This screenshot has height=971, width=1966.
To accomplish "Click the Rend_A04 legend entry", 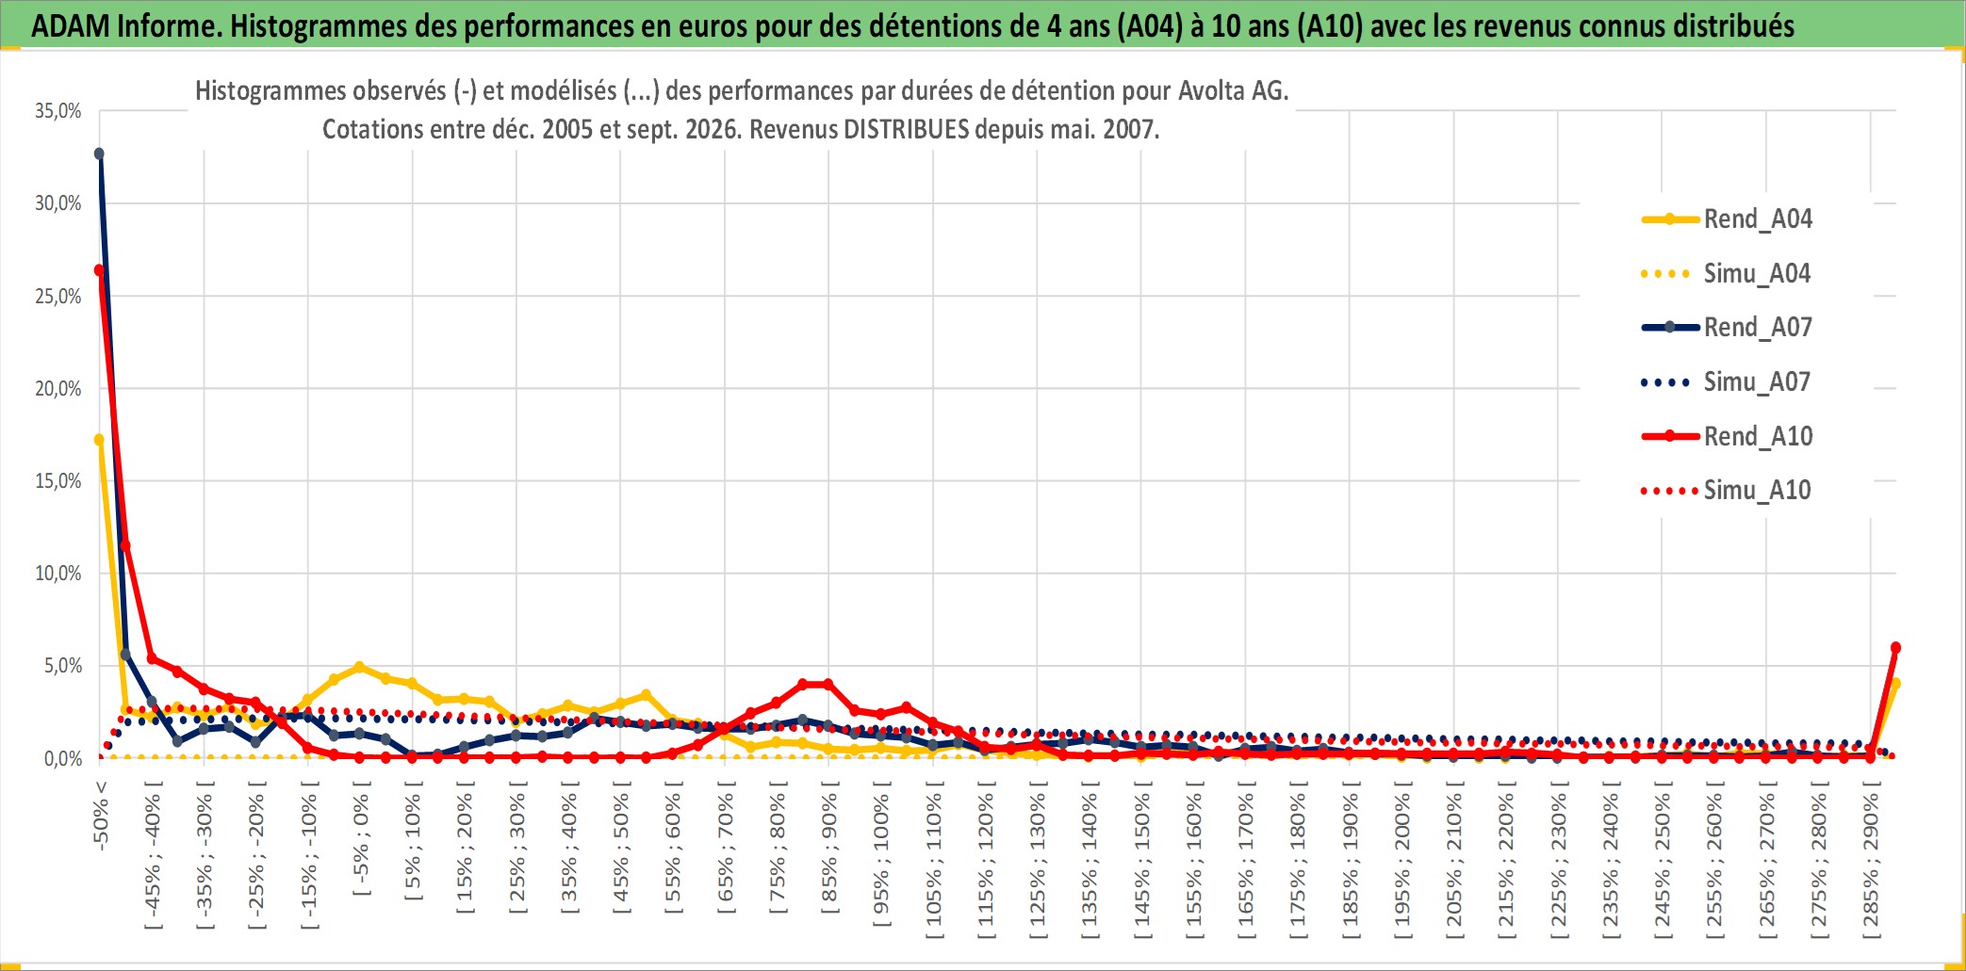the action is tap(1727, 219).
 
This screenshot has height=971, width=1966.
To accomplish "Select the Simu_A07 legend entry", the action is tap(1727, 381).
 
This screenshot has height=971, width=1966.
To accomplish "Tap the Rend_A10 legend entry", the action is tap(1727, 436).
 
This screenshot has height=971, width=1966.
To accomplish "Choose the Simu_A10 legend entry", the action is tap(1727, 490).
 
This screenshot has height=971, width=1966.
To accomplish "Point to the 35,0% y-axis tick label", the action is tap(58, 111).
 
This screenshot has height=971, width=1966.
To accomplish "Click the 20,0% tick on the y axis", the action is tap(58, 388).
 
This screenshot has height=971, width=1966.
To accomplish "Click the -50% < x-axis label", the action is tap(101, 816).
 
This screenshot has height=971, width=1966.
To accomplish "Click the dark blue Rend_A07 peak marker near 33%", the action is tap(99, 154).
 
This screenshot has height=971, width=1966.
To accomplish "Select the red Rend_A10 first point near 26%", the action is tap(99, 270).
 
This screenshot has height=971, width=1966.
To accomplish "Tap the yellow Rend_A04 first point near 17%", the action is tap(99, 440).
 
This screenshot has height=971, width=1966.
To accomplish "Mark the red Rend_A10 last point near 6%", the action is tap(1895, 648).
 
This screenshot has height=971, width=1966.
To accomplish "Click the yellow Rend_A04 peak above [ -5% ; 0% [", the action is tap(359, 667).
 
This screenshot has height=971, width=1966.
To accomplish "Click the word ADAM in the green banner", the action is tap(71, 26).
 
